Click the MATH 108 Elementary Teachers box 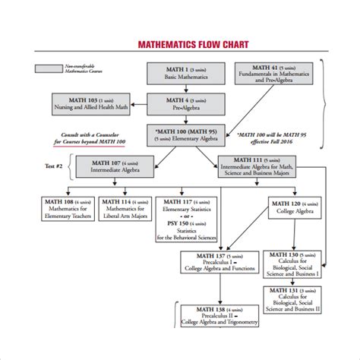tap(68, 210)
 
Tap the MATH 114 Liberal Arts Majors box tap(127, 210)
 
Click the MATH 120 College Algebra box tap(292, 209)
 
